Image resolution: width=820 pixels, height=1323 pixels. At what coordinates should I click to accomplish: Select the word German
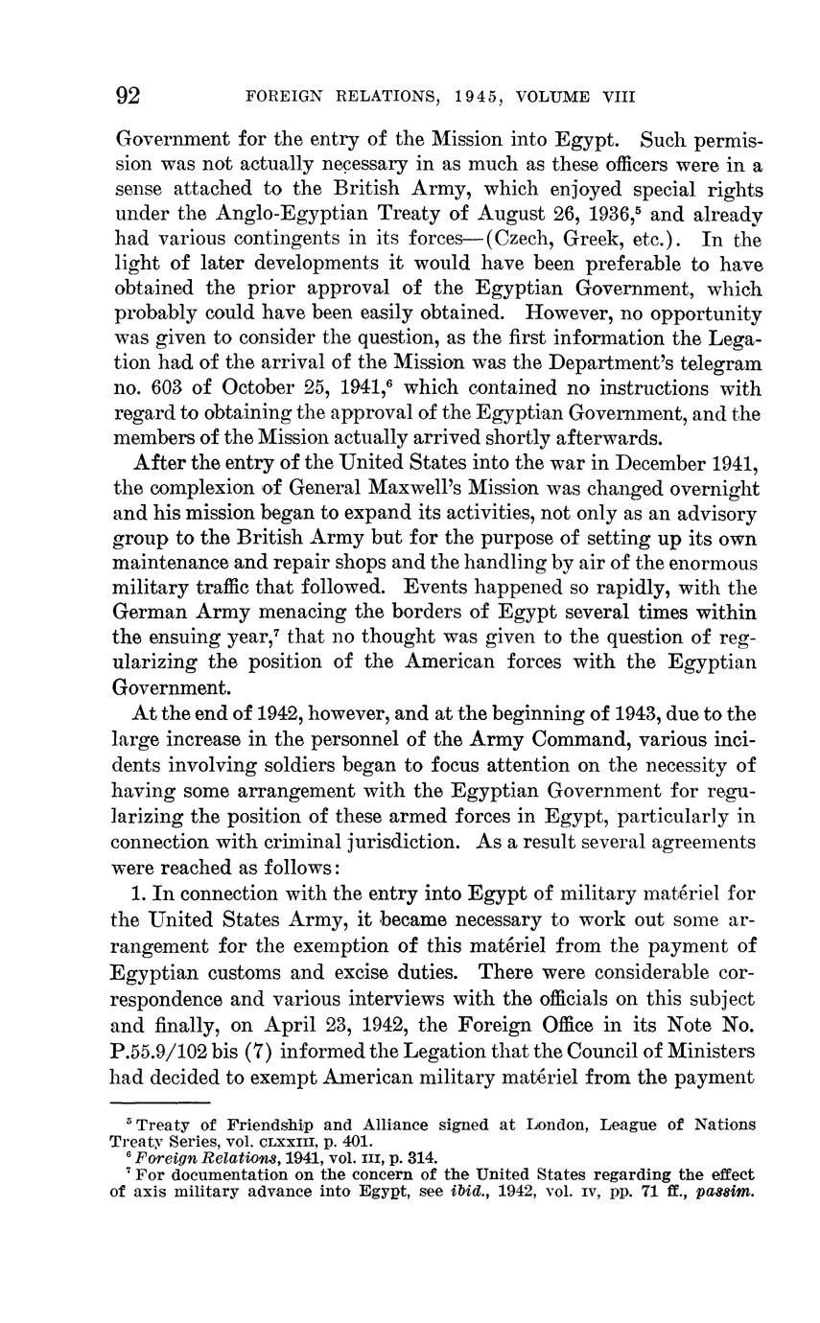coord(155,613)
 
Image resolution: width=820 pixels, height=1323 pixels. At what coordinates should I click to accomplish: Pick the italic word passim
coord(727,1194)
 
